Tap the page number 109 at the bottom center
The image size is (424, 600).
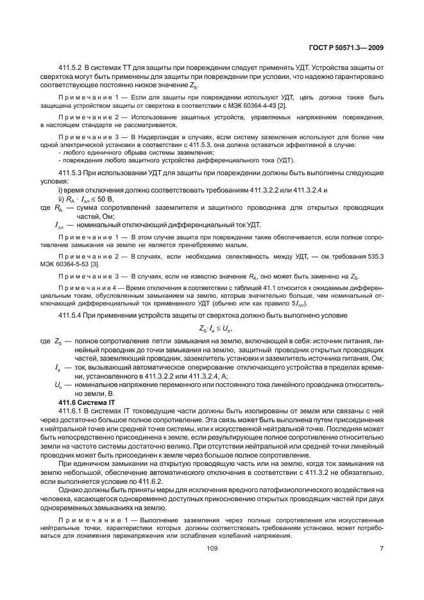point(212,549)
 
